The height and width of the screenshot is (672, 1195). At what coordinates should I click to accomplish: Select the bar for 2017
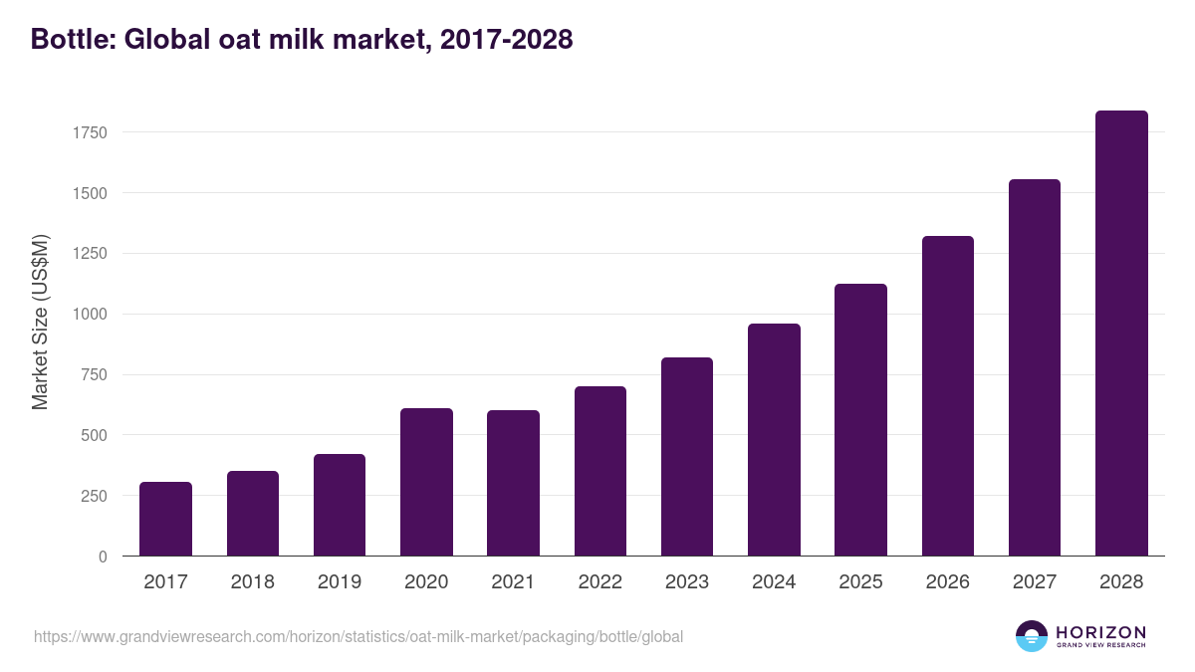click(165, 519)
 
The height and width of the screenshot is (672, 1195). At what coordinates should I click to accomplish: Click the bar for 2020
click(426, 482)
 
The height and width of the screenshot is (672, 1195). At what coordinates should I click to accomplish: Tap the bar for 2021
click(513, 483)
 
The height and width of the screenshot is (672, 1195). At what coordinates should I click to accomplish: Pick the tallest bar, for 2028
click(1121, 334)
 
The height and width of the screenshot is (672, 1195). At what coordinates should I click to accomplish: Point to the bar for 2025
click(860, 420)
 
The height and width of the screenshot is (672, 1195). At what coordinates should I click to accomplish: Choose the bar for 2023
click(687, 457)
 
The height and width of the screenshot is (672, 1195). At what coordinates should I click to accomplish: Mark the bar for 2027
click(1035, 367)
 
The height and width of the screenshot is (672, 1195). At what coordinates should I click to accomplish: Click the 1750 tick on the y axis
click(90, 132)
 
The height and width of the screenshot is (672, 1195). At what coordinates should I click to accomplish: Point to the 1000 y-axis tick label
click(90, 315)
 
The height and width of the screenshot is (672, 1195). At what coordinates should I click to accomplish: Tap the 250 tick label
click(94, 496)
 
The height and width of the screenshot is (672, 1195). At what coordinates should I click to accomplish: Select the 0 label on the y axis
click(103, 557)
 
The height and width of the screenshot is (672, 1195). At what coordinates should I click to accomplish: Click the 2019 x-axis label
click(340, 582)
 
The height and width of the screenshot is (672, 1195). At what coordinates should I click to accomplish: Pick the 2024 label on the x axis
click(774, 582)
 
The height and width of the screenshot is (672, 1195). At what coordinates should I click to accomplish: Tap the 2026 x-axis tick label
click(947, 582)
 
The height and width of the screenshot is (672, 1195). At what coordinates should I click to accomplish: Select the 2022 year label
click(600, 582)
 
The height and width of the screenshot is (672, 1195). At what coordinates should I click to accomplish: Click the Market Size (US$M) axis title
click(40, 322)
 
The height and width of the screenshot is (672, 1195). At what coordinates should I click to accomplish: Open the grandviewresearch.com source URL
click(358, 636)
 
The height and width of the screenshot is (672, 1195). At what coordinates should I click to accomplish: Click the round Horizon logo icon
click(1032, 636)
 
